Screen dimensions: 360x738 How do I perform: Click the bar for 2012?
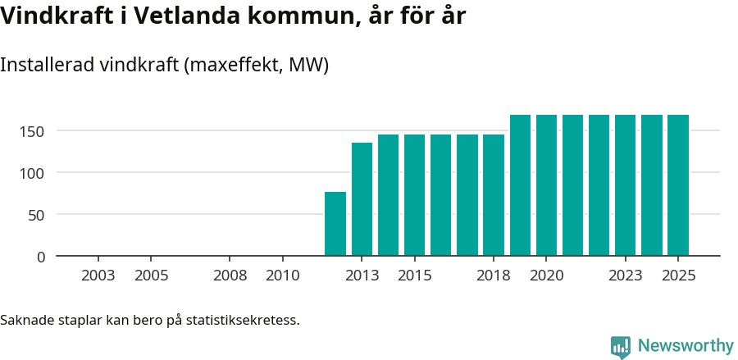coord(335,224)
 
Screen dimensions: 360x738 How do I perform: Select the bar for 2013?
coord(362,199)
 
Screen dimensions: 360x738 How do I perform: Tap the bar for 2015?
coord(414,195)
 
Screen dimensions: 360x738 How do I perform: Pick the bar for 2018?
coord(494,195)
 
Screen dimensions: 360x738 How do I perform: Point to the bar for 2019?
coord(520,185)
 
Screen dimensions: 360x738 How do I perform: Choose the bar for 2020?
coord(546,185)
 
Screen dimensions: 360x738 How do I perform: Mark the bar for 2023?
coord(626,185)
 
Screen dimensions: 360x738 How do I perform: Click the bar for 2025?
coord(678,185)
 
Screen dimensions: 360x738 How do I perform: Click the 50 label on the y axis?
coord(38,215)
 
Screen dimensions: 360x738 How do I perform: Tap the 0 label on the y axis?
coord(41,257)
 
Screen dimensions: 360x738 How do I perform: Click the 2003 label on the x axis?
coord(98,276)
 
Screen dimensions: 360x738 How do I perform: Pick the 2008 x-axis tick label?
coord(230,276)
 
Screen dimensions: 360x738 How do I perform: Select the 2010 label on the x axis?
coord(283,276)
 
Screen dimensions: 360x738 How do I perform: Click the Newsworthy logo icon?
coord(621,346)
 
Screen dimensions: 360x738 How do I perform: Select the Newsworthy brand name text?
coord(686,346)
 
